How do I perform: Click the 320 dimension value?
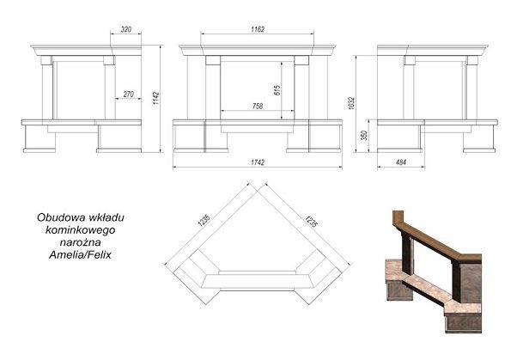point(126,29)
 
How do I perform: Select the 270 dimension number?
point(129,95)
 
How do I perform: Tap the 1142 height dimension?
point(156,98)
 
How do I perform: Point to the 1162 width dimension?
point(258,29)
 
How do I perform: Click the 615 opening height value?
point(277,90)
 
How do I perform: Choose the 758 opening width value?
point(258,106)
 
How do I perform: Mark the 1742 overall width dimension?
point(258,162)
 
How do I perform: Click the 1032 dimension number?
point(351,103)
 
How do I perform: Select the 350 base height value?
point(364,136)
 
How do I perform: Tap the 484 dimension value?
point(400,162)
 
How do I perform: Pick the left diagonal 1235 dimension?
point(204,220)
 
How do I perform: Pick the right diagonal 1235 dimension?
point(311,222)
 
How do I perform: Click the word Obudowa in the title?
point(57,217)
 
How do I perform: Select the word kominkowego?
point(80,230)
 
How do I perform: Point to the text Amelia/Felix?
point(80,254)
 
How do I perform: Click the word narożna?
point(80,242)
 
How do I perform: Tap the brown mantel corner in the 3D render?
point(398,219)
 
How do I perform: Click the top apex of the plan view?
point(258,192)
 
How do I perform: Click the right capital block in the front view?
point(301,60)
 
